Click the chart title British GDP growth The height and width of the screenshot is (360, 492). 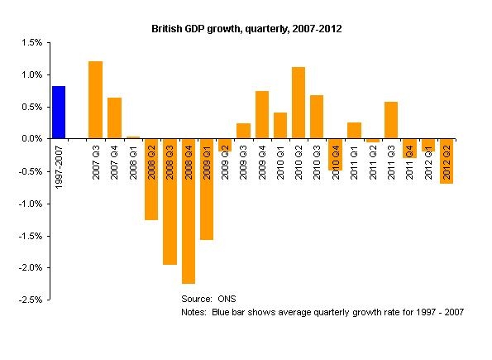[x=246, y=29]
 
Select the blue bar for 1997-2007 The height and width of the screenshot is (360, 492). [x=59, y=113]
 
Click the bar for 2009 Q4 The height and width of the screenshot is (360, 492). [x=261, y=115]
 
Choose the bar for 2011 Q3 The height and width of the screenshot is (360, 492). [x=390, y=120]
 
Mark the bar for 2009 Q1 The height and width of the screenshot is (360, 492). [x=206, y=190]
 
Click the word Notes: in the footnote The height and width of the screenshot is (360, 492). [x=194, y=313]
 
